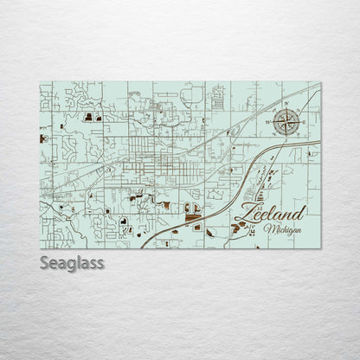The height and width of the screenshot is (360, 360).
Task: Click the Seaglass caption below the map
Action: [x=72, y=262]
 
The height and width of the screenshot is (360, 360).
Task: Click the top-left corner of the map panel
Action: [x=41, y=83]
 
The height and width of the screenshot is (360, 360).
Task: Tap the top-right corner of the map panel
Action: [x=320, y=83]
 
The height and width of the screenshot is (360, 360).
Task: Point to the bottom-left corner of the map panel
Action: [x=41, y=248]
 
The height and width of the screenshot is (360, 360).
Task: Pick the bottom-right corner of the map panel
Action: [x=320, y=248]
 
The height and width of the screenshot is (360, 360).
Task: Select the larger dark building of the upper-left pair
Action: [x=99, y=116]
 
